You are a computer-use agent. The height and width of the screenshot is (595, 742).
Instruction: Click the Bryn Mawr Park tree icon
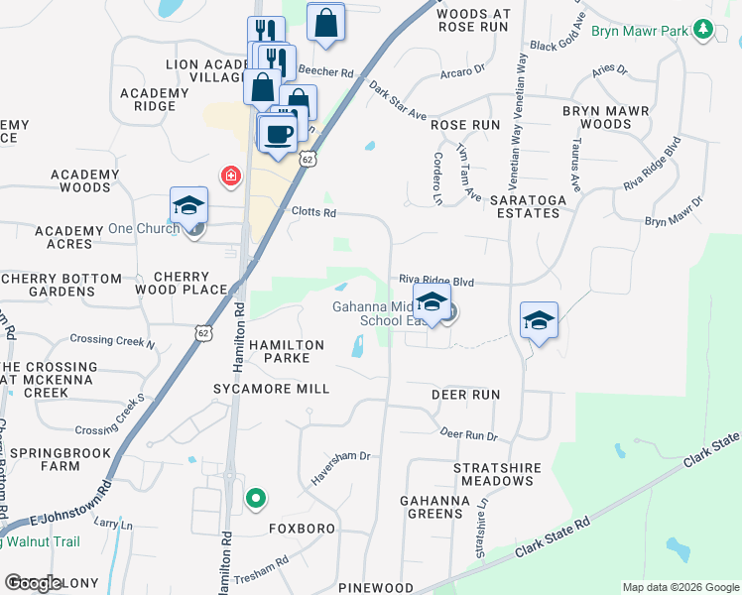click(703, 31)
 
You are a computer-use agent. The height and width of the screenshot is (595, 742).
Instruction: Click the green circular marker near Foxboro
click(256, 499)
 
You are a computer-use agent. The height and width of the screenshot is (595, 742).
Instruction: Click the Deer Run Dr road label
click(467, 434)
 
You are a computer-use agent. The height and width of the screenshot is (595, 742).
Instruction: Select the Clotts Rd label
click(314, 212)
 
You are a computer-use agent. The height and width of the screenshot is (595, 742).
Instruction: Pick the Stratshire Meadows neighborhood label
click(493, 473)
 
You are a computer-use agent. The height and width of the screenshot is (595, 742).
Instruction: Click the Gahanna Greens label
click(432, 506)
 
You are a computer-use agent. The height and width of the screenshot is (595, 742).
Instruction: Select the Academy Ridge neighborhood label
click(154, 99)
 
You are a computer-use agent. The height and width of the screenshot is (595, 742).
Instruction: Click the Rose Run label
click(464, 125)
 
